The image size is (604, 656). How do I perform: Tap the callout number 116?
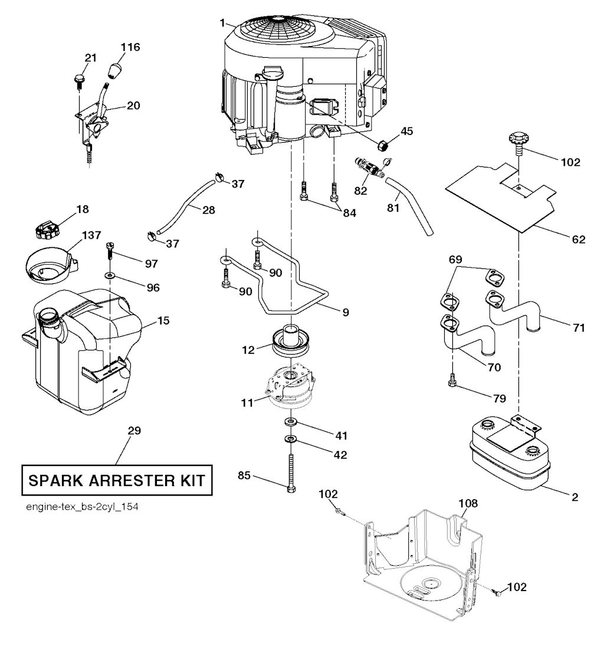coord(131,47)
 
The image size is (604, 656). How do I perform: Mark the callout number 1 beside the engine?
coord(222,22)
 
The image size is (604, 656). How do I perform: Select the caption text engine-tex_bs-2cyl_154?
coord(73,507)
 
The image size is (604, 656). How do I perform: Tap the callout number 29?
coord(134,431)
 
